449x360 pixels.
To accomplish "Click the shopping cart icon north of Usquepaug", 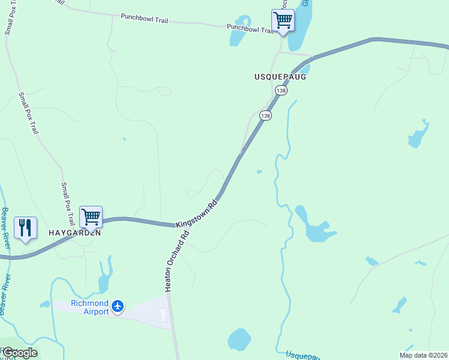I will pyautogui.click(x=283, y=20).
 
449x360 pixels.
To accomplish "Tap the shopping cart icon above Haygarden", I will pyautogui.click(x=91, y=217).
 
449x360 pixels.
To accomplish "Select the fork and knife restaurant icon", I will pyautogui.click(x=25, y=228).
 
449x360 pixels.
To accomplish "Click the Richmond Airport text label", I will pyautogui.click(x=90, y=307).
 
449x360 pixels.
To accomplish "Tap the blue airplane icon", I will pyautogui.click(x=118, y=307).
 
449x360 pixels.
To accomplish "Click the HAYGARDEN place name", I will pyautogui.click(x=74, y=233).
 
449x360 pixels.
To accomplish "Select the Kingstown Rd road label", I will pyautogui.click(x=196, y=214).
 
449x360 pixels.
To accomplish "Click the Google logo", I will pyautogui.click(x=20, y=352).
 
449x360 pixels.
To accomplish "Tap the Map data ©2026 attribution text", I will pyautogui.click(x=423, y=355).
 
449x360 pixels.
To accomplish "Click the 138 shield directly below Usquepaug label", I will pyautogui.click(x=281, y=90).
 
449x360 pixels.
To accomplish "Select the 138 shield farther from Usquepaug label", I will pyautogui.click(x=265, y=115).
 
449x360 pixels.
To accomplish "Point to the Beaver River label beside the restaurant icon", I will pyautogui.click(x=5, y=229).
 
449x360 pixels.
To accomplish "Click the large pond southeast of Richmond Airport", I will pyautogui.click(x=240, y=340).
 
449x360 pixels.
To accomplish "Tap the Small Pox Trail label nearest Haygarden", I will pyautogui.click(x=68, y=202).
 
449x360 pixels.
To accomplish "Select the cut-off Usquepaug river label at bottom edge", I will pyautogui.click(x=306, y=355).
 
